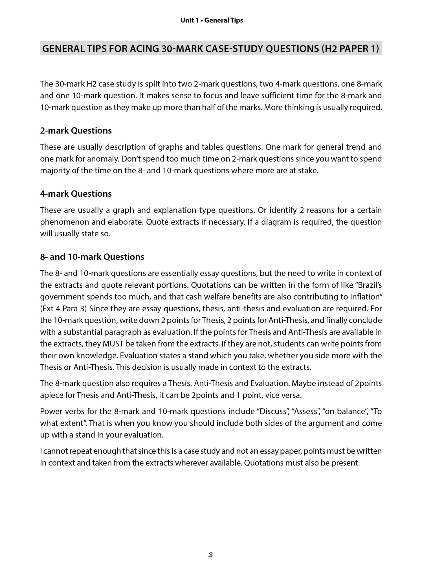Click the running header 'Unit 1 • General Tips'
point(212,21)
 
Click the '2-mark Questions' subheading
point(76,131)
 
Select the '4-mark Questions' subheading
point(76,194)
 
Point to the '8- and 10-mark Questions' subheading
point(92,257)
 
